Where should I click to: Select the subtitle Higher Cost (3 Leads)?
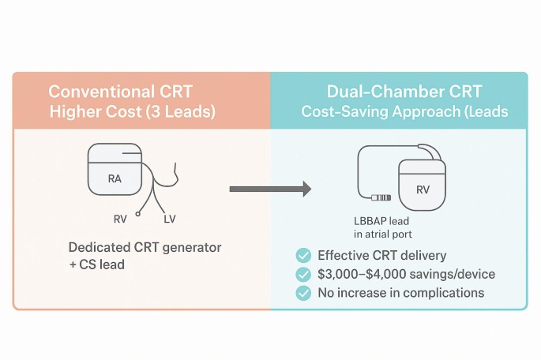132,111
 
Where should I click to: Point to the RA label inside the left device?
115,179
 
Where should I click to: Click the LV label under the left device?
170,219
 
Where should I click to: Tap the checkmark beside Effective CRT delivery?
303,255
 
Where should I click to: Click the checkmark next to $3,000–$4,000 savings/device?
303,274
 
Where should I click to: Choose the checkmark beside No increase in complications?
303,293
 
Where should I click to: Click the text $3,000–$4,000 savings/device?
406,274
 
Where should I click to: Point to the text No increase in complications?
400,293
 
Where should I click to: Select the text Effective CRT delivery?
381,255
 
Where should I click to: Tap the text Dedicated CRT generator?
145,247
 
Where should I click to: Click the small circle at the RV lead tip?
138,213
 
